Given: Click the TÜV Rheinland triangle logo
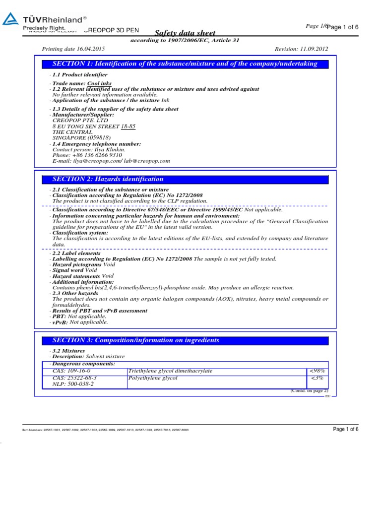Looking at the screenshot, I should coord(10,20).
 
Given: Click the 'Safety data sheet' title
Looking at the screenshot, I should coord(185,33).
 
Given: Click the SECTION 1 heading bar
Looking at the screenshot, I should coord(185,64).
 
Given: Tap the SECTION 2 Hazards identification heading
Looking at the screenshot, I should coord(108,179).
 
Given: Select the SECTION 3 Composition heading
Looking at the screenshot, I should coord(135,340).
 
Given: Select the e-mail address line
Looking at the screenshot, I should coord(111,161).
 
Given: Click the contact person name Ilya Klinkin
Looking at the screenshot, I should coord(108,149).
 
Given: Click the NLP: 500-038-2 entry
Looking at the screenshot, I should coord(73,384).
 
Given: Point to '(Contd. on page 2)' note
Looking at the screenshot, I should coord(309,391).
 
